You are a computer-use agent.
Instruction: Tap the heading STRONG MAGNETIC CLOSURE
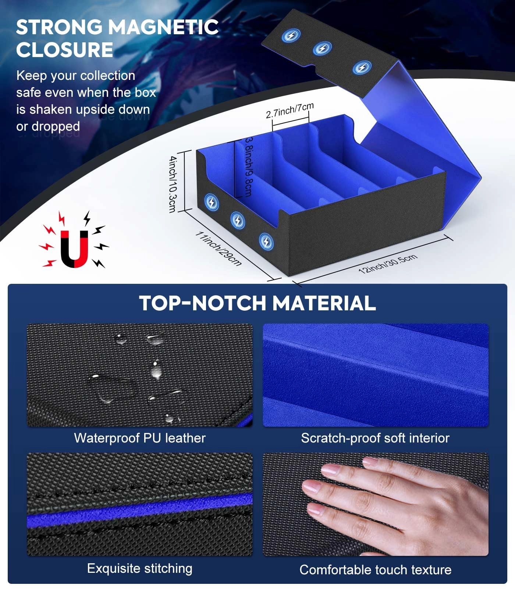click(x=117, y=38)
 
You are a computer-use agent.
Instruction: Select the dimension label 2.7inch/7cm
click(x=290, y=110)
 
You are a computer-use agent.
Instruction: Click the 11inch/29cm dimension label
click(x=218, y=248)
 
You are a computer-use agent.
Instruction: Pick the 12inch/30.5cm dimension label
click(x=388, y=263)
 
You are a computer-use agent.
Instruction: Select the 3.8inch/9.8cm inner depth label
click(x=249, y=166)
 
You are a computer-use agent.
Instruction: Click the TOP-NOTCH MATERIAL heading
click(x=257, y=303)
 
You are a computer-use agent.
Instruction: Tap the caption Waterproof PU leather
click(x=140, y=438)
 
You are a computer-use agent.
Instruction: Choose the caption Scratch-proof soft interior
click(x=375, y=438)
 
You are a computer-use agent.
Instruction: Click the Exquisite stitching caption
click(x=140, y=568)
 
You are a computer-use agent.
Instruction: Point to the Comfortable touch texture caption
click(x=375, y=570)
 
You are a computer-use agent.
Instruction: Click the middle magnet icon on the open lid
click(x=322, y=48)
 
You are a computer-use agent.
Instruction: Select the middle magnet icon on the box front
click(x=238, y=221)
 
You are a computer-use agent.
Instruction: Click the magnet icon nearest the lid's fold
click(x=362, y=68)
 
